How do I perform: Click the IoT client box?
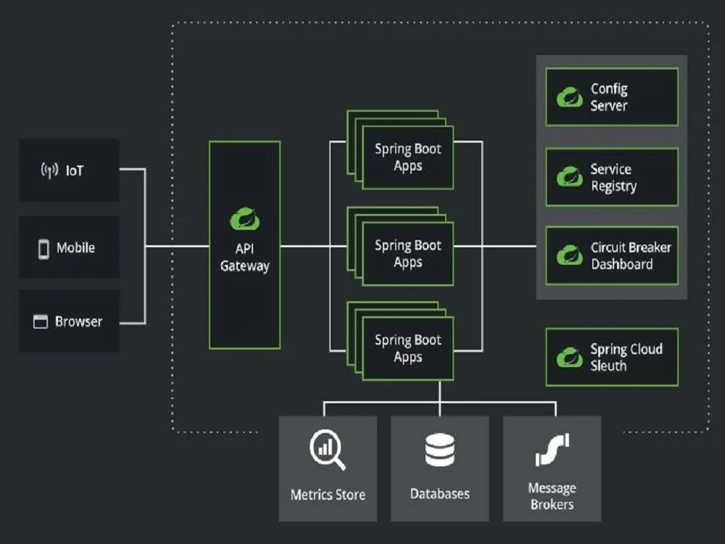pyautogui.click(x=69, y=170)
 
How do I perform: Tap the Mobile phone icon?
pyautogui.click(x=43, y=248)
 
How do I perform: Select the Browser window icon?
pyautogui.click(x=41, y=321)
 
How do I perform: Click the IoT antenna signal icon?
pyautogui.click(x=49, y=171)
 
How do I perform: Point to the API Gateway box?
pyautogui.click(x=244, y=244)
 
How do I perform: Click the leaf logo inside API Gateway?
pyautogui.click(x=244, y=218)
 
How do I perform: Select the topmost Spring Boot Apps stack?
pyautogui.click(x=407, y=157)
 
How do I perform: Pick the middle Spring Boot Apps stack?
pyautogui.click(x=407, y=253)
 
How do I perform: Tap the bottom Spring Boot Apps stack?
pyautogui.click(x=407, y=347)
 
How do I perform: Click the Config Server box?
pyautogui.click(x=612, y=97)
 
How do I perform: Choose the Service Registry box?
pyautogui.click(x=612, y=178)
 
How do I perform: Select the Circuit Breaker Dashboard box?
pyautogui.click(x=612, y=255)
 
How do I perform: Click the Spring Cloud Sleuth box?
pyautogui.click(x=612, y=357)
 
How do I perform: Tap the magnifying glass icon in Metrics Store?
pyautogui.click(x=327, y=450)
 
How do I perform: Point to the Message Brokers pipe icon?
pyautogui.click(x=552, y=450)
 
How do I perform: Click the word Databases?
pyautogui.click(x=439, y=494)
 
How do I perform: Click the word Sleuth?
pyautogui.click(x=608, y=366)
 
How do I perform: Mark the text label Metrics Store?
pyautogui.click(x=328, y=495)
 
